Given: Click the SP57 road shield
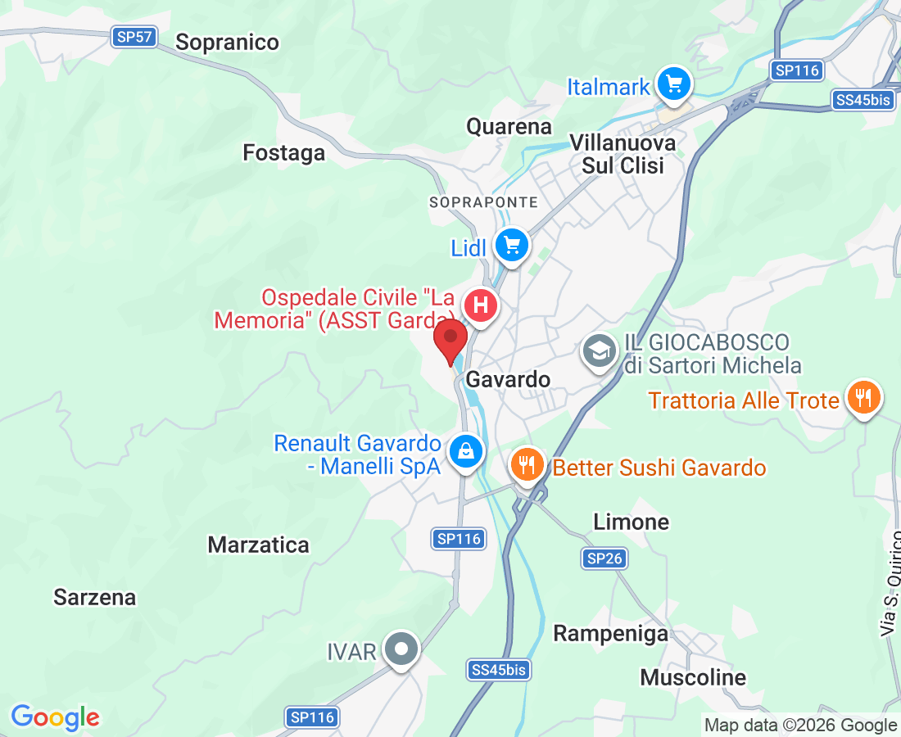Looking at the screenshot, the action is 135,37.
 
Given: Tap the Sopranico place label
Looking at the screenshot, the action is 228,42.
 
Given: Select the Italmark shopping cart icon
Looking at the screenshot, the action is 674,84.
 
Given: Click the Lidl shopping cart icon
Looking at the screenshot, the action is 512,245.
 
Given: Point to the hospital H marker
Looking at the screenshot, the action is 481,306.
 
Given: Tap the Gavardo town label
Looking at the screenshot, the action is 508,380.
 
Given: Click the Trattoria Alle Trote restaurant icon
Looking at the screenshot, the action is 863,399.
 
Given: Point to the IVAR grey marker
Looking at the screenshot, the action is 401,649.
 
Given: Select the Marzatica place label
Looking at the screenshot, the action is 259,545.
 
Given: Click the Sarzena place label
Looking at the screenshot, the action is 95,597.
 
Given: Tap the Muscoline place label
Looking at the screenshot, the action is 693,677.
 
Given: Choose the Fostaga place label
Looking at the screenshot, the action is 284,152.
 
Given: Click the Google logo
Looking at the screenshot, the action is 55,717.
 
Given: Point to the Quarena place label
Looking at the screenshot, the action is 509,126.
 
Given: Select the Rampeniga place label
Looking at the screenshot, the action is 610,633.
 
